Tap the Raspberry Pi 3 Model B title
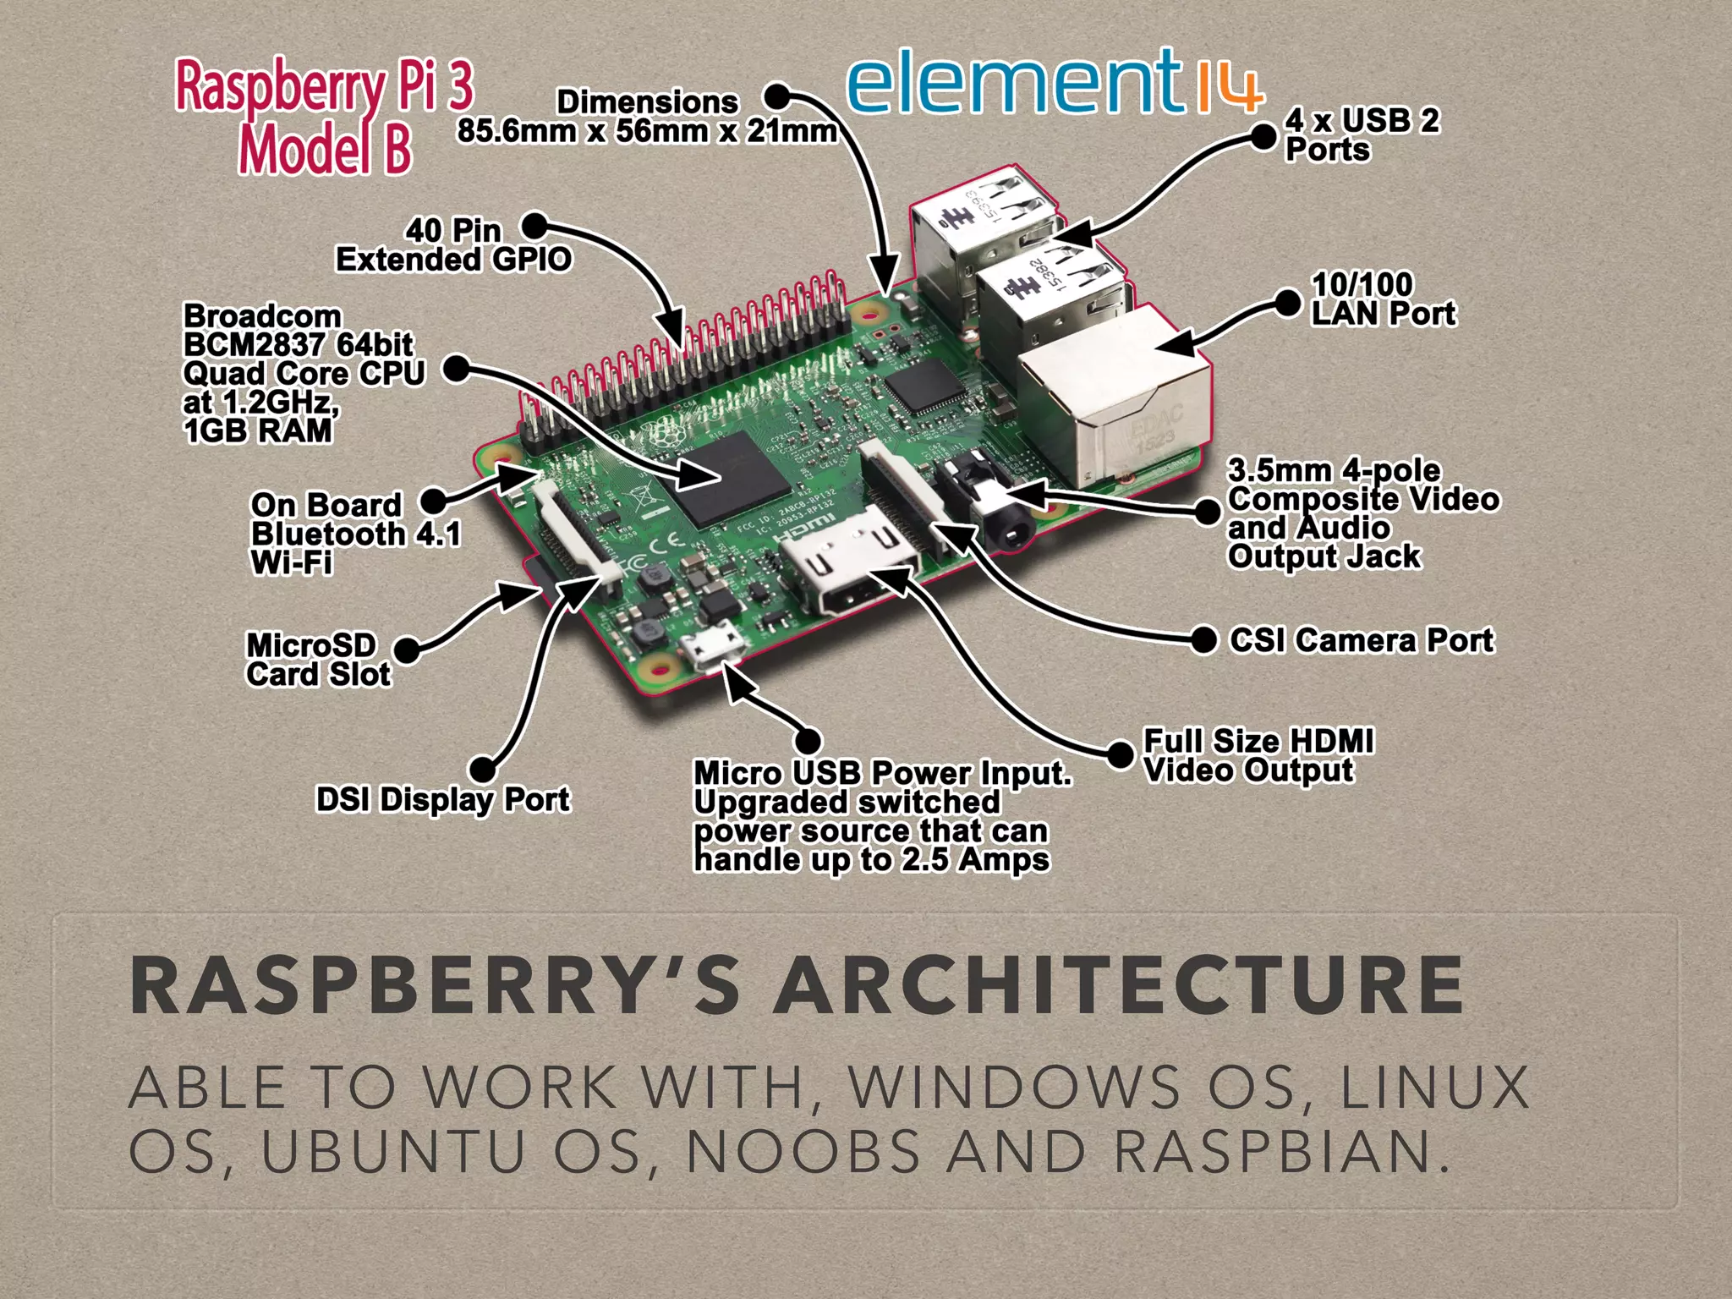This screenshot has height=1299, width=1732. point(324,117)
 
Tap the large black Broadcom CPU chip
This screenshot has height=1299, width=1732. point(732,478)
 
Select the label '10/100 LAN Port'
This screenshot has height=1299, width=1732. point(1383,299)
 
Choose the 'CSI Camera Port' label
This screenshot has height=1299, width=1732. point(1362,640)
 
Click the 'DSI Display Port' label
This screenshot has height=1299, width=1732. point(442,799)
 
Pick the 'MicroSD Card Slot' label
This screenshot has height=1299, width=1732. point(318,660)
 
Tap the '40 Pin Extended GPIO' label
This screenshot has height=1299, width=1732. point(454,244)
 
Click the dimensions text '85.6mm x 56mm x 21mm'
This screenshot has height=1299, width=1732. point(647,131)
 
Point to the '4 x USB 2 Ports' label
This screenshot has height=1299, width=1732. point(1362,134)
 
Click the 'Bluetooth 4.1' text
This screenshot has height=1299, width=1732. point(356,534)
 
